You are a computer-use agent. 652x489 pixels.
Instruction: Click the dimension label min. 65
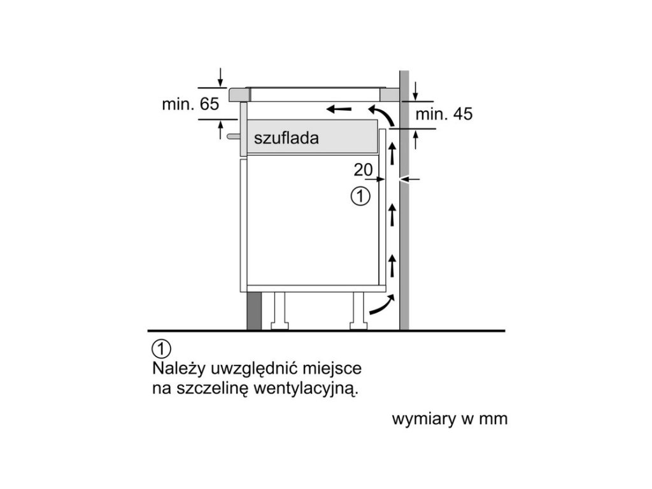click(190, 104)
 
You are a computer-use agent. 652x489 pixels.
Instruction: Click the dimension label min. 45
click(444, 115)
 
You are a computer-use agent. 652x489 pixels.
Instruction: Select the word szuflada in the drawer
click(285, 138)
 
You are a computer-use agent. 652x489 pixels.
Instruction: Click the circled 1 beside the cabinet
click(360, 196)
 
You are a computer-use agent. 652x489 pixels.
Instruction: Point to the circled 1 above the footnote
click(162, 349)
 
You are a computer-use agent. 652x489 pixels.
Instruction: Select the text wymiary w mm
click(450, 420)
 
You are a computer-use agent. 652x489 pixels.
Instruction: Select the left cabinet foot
click(281, 313)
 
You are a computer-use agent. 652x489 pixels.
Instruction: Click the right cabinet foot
click(358, 313)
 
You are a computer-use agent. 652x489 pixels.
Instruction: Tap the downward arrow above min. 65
click(220, 78)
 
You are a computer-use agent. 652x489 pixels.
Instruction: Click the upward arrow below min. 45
click(416, 139)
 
